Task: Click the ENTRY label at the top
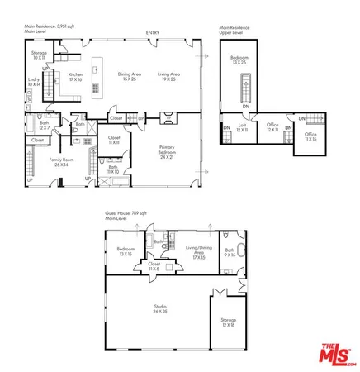[x=153, y=33]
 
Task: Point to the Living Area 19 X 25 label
[x=170, y=76]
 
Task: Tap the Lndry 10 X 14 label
[x=34, y=83]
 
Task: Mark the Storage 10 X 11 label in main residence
[x=39, y=55]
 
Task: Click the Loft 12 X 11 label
[x=242, y=128]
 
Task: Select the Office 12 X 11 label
[x=272, y=128]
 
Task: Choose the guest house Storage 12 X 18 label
[x=228, y=322]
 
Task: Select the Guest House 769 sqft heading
[x=126, y=215]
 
